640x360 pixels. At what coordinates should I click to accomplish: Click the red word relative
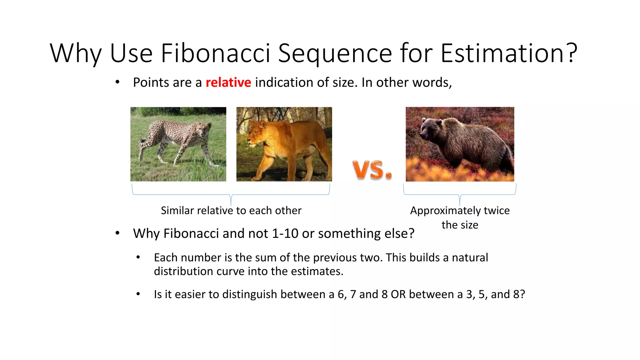[x=228, y=82]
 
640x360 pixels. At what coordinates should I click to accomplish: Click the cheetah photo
[x=178, y=144]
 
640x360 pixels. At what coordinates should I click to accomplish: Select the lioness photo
[x=284, y=144]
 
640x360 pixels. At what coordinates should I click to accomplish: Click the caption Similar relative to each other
[x=231, y=211]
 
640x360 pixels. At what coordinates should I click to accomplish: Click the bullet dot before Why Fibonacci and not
[x=117, y=233]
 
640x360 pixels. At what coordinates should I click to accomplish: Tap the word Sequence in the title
[x=335, y=53]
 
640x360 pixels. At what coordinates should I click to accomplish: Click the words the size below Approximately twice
[x=460, y=225]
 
